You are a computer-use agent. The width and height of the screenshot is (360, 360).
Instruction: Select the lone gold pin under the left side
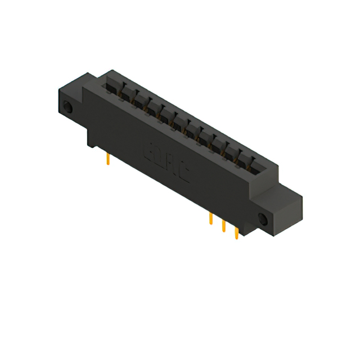107,161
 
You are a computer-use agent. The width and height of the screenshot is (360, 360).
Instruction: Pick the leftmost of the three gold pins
210,219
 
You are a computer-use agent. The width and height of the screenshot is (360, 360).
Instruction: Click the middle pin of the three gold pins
223,226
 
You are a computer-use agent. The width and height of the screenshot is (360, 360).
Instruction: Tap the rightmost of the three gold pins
236,232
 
